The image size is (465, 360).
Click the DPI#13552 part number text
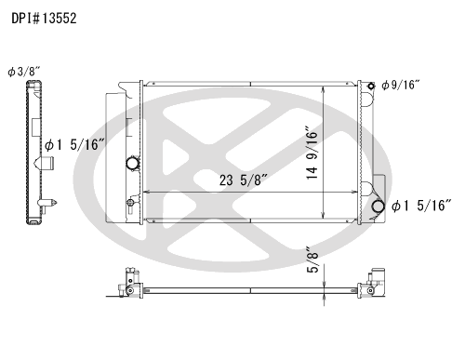(44, 19)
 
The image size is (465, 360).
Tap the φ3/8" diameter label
(24, 72)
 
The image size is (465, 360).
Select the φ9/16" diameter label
(401, 85)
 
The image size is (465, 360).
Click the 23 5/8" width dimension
(244, 180)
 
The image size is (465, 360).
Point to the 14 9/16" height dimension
(312, 153)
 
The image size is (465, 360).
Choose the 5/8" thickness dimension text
(312, 260)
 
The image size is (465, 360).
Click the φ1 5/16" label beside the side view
(75, 144)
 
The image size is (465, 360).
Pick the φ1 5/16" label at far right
(421, 206)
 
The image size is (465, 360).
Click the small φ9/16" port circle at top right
(371, 86)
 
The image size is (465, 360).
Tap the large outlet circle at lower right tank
(378, 207)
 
